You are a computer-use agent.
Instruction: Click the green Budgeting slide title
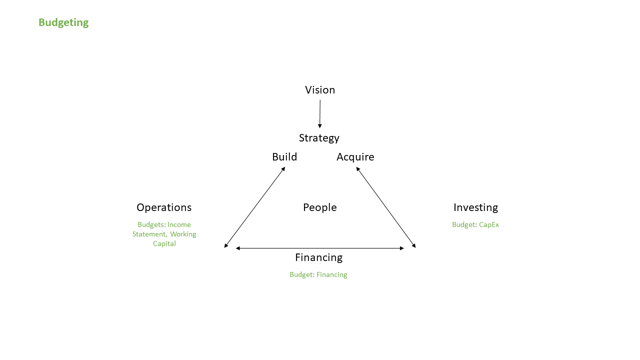pos(63,22)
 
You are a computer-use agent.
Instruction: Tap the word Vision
pos(320,90)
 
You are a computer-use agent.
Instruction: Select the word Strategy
pos(319,138)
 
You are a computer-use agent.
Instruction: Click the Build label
pos(284,157)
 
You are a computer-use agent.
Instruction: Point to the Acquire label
pos(355,157)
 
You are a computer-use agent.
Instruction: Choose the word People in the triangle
pos(320,207)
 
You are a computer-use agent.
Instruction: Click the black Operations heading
pos(164,207)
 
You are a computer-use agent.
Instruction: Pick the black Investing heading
pos(475,207)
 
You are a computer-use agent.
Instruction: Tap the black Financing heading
pos(318,257)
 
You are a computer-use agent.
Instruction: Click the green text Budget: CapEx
pos(475,225)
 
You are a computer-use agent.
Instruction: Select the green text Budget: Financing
pos(318,275)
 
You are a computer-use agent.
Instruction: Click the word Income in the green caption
pos(179,225)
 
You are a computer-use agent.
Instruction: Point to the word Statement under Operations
pos(149,234)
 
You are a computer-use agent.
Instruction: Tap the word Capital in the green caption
pos(164,244)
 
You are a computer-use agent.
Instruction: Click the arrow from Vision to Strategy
pos(320,113)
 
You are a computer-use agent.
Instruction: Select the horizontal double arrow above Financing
pos(320,248)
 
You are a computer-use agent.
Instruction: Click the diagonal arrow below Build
pos(255,207)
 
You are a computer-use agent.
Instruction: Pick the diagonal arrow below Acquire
pos(385,207)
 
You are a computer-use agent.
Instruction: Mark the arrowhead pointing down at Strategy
pos(319,125)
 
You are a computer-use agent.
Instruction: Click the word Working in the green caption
pos(183,234)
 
